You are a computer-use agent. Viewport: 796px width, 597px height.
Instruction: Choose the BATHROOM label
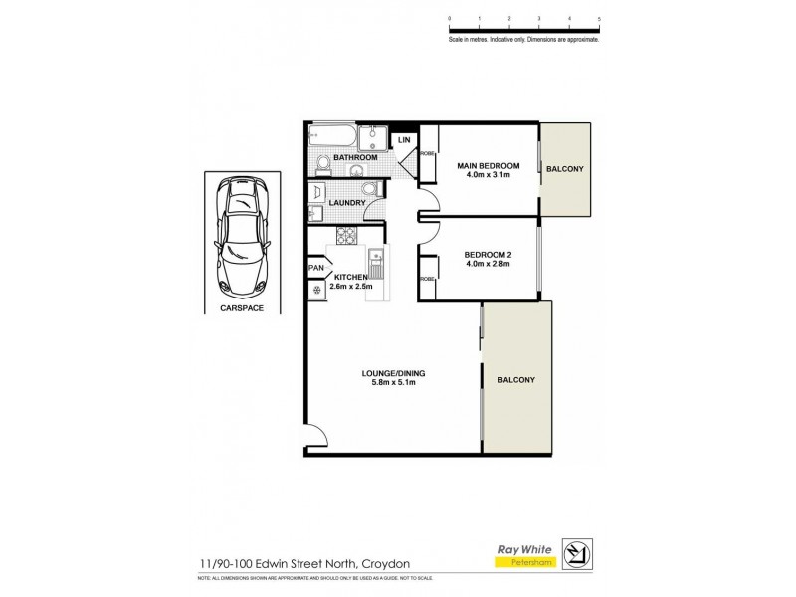click(355, 158)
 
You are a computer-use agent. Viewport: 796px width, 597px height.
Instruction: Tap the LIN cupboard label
click(404, 140)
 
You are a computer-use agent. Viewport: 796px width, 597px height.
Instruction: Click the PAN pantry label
click(317, 268)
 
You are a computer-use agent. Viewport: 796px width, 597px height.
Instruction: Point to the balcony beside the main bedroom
click(565, 169)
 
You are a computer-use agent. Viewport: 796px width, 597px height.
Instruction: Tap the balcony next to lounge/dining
click(515, 379)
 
